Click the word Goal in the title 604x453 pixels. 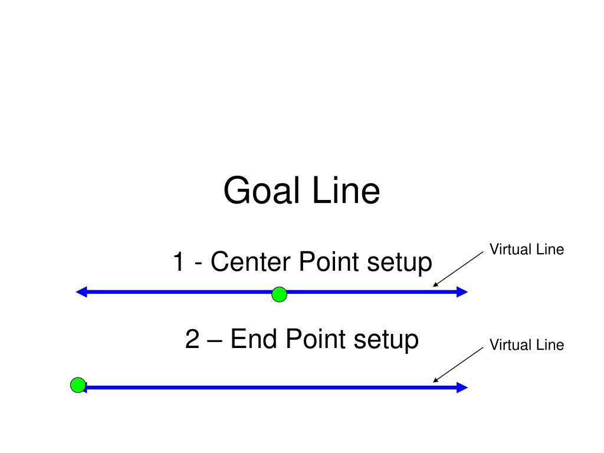(x=261, y=191)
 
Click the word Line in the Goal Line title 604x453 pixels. (x=346, y=191)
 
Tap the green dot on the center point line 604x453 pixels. (x=279, y=294)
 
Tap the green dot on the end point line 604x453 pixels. (x=78, y=385)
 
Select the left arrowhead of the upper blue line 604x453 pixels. (x=81, y=292)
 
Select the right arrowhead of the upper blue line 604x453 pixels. (x=462, y=292)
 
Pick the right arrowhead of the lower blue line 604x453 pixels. (x=462, y=388)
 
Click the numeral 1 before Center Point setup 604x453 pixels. (x=179, y=262)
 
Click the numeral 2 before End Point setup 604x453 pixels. (x=192, y=339)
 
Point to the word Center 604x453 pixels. (x=251, y=261)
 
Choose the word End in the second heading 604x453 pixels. (x=254, y=339)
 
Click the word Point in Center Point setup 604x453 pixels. (x=329, y=261)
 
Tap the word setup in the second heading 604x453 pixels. (x=386, y=340)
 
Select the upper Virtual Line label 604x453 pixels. (x=527, y=250)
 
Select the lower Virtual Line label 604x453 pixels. (x=527, y=344)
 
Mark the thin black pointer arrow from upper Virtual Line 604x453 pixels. (x=458, y=269)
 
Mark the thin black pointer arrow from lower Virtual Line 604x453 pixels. (x=458, y=365)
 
